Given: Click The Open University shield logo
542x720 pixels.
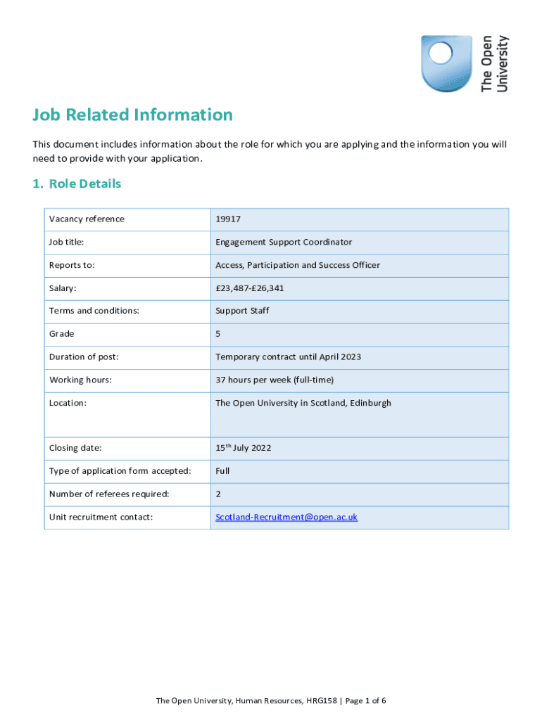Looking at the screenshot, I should [446, 64].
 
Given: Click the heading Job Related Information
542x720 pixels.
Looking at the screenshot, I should [132, 115].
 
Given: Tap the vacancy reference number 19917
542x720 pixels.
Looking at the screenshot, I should [228, 219].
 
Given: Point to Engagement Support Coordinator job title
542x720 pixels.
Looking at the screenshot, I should [284, 242].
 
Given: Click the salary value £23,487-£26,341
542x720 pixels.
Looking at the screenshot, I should [250, 288].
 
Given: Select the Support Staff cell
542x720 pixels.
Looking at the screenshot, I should [242, 311].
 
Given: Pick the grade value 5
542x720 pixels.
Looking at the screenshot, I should [218, 334].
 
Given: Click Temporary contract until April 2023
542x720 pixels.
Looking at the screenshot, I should [288, 356].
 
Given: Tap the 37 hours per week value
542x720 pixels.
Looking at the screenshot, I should [275, 380].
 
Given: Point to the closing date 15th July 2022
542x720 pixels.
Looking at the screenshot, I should [244, 447].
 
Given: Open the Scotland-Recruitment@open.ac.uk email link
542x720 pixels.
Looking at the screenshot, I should [286, 517].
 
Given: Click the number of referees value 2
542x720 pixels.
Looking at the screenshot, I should [218, 494].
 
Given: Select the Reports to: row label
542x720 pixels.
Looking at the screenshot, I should [72, 265].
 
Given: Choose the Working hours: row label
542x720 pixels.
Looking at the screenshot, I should [81, 380].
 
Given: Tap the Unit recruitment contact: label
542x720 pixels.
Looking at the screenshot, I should [101, 517].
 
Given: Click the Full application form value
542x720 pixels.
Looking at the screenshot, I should [222, 470].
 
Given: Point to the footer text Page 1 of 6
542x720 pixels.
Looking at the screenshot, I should [365, 700].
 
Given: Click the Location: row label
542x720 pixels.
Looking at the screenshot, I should [68, 403].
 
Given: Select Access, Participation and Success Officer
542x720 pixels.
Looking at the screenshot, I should [298, 265].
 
